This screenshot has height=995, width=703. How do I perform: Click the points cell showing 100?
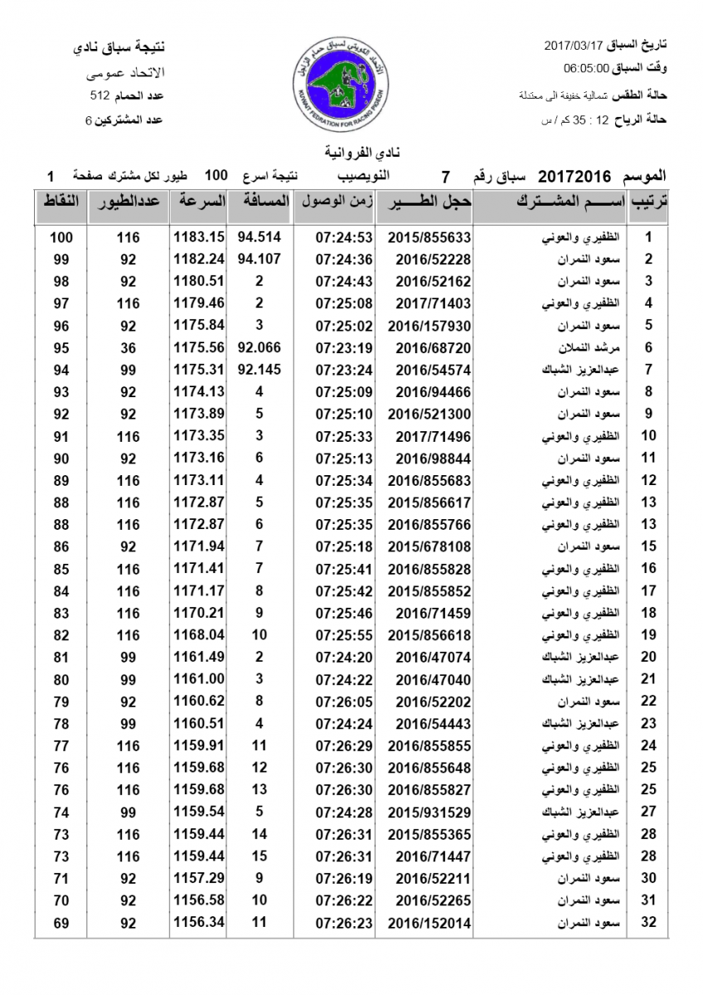pos(61,236)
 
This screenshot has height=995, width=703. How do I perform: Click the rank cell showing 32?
pos(649,922)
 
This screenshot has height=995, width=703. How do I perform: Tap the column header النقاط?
pos(61,201)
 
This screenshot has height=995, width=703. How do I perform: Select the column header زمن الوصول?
pos(334,201)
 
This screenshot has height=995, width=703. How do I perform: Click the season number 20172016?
pos(575,176)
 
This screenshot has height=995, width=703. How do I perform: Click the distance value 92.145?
pos(259,370)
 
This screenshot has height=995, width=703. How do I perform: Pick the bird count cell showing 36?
pos(128,347)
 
